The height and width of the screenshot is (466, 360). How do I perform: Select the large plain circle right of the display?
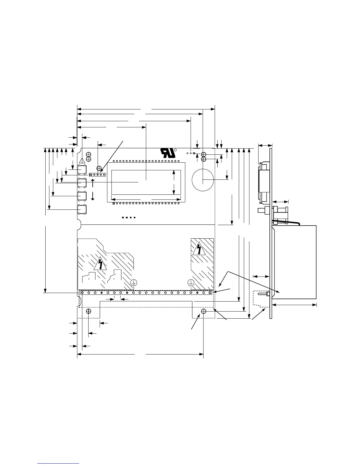tap(203, 180)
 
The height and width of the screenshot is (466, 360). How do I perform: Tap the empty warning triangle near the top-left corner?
tap(82, 160)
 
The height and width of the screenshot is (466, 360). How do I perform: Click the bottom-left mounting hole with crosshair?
tap(89, 311)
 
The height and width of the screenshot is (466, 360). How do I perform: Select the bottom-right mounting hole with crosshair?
tap(204, 311)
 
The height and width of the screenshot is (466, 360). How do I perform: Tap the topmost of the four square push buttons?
tap(82, 170)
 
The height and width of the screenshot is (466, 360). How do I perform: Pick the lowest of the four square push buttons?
tap(82, 209)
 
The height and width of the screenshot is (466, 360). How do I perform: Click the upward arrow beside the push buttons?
tap(93, 183)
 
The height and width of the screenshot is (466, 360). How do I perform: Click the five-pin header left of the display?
tap(97, 175)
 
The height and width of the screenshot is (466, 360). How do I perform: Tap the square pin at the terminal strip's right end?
tap(210, 293)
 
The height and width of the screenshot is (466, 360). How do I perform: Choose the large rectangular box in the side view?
tap(294, 262)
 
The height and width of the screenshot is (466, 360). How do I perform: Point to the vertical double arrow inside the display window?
tap(174, 182)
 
